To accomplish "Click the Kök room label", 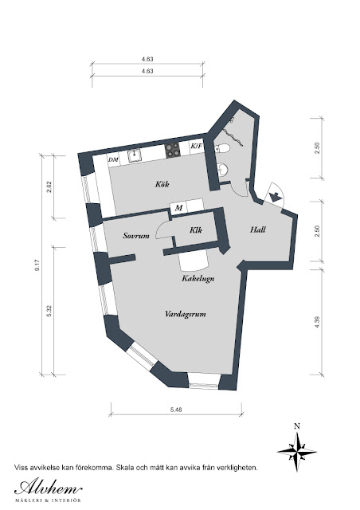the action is click(162, 184).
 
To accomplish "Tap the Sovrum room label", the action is click(136, 236).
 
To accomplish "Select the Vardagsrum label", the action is click(186, 314).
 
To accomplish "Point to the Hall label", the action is click(258, 229).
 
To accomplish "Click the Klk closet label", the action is click(196, 230).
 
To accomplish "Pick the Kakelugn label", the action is click(198, 278).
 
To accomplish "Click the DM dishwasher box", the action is click(113, 159).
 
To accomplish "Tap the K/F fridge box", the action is click(196, 147).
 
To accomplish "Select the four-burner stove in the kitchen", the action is click(172, 151).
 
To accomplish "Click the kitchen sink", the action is click(134, 155).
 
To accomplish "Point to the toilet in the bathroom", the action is click(222, 148).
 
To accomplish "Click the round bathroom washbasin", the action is click(223, 169).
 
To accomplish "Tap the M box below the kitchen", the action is click(178, 208).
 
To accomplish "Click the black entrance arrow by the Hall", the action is click(275, 197).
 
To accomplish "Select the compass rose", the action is click(297, 452).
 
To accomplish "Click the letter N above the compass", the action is click(296, 426).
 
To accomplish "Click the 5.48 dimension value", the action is click(176, 410).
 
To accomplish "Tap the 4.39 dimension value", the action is click(318, 322).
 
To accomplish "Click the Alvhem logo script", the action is click(48, 488).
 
